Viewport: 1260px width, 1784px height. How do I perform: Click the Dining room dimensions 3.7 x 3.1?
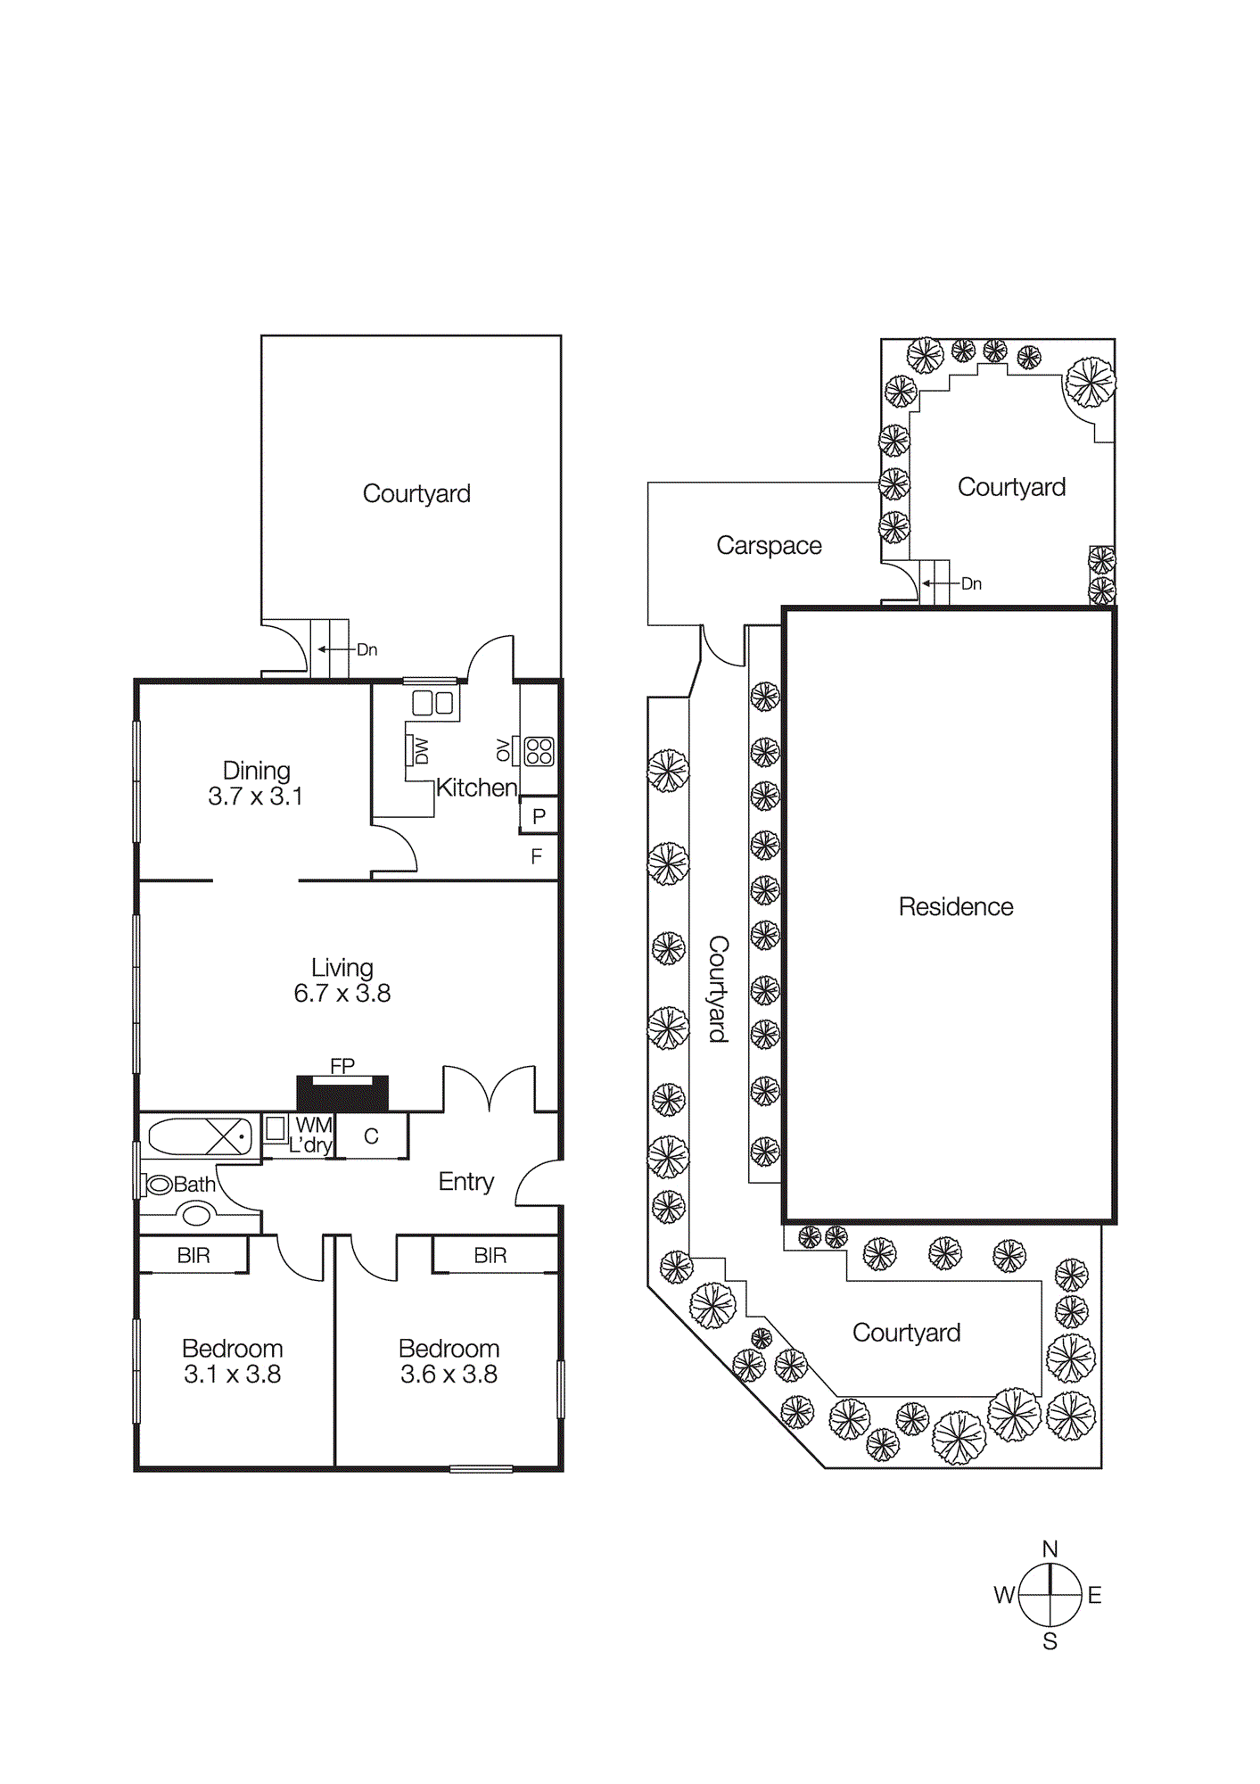255,797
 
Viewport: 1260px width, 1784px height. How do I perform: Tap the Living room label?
342,968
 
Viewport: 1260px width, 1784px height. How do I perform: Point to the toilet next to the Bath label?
159,1185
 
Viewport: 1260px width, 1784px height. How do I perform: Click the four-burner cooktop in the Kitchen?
539,751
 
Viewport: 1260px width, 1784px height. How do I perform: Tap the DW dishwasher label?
422,751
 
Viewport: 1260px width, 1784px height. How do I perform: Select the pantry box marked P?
539,816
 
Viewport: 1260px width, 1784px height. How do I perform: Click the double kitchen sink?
433,703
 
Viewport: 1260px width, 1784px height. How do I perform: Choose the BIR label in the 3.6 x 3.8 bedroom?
490,1256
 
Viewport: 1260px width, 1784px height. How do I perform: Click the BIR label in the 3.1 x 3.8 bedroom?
194,1256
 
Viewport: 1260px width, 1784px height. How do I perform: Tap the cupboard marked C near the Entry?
372,1136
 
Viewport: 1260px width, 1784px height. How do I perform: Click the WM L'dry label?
312,1136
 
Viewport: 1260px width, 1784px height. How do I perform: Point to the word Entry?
465,1182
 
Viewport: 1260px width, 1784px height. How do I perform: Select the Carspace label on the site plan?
769,545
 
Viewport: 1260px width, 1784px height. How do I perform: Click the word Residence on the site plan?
955,907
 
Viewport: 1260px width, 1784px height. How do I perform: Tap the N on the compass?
1050,1549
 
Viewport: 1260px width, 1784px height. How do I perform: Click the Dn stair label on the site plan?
971,583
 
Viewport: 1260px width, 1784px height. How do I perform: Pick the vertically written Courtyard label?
718,988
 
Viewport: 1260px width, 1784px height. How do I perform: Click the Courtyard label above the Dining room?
416,493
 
